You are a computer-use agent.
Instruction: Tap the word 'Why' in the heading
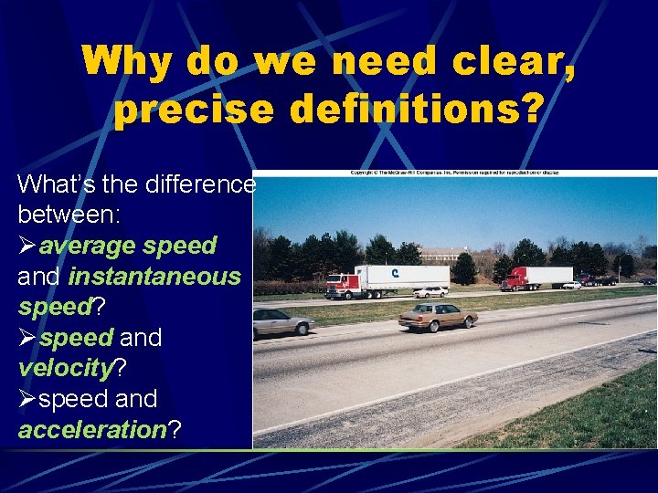click(127, 62)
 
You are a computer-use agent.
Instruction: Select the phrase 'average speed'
click(128, 246)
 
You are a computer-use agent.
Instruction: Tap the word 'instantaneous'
click(154, 277)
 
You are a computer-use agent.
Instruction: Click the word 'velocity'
click(63, 368)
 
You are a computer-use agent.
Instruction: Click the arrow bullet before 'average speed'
click(27, 246)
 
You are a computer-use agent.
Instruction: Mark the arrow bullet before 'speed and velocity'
click(27, 338)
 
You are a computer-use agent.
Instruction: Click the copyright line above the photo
click(454, 172)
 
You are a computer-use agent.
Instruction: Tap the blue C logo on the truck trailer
click(395, 272)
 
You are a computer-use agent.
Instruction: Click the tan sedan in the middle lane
click(437, 316)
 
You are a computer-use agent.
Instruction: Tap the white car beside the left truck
click(431, 292)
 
